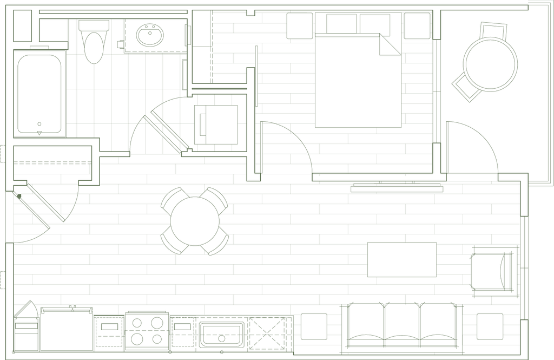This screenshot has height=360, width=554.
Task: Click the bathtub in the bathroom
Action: [x=39, y=92]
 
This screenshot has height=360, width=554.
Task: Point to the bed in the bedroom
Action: [x=358, y=81]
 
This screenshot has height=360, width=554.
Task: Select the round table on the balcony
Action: [x=491, y=63]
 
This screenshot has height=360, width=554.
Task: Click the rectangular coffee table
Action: [x=402, y=260]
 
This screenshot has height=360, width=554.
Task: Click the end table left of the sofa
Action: [x=314, y=326]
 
